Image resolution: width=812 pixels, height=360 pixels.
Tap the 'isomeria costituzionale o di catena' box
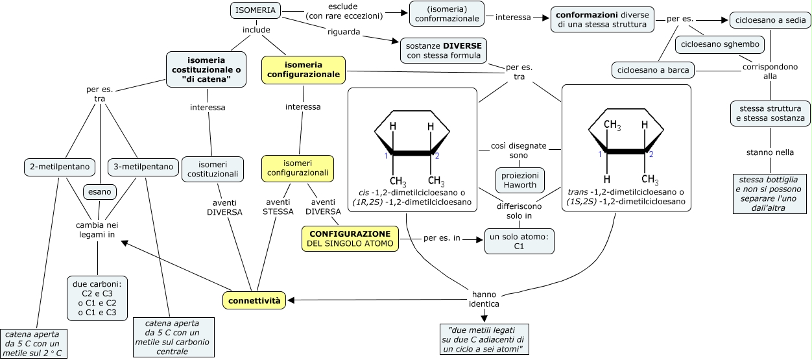pos(206,69)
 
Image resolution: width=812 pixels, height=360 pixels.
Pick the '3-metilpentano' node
pos(142,167)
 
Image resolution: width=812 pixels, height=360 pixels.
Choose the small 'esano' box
pos(99,191)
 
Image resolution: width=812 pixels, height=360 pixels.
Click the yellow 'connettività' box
pos(254,300)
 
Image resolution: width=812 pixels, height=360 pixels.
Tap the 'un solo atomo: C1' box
pos(519,241)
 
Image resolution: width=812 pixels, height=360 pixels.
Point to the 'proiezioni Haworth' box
pos(519,181)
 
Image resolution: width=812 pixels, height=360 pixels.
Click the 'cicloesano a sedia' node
pos(769,21)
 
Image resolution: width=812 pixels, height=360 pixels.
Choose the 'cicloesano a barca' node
pos(652,69)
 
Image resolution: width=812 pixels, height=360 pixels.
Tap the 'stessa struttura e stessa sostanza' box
pos(770,114)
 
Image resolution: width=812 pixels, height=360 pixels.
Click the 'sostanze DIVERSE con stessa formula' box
pos(444,51)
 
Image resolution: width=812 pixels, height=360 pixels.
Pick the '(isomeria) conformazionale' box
pos(448,14)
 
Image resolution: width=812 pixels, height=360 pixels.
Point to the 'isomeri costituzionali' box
pos(213,168)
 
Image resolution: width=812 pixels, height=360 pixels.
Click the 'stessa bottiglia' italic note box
pos(770,193)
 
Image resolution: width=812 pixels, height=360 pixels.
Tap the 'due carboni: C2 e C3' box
pos(97,298)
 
